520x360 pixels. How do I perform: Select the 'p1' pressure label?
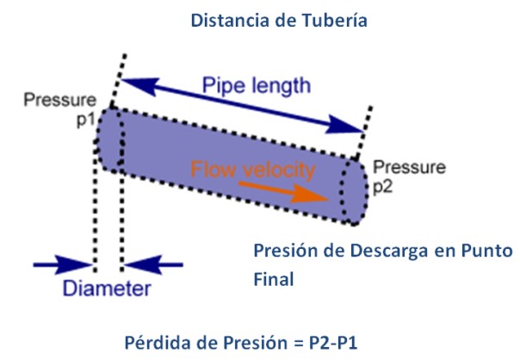click(x=82, y=117)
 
